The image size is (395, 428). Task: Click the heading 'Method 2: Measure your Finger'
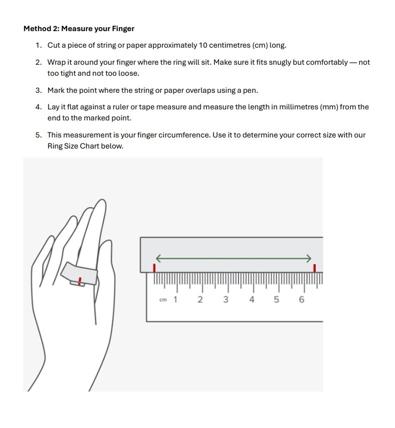pos(79,29)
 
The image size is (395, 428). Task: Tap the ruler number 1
pos(175,300)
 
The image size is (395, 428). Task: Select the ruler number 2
pos(200,300)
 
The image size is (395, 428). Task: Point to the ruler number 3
pos(226,300)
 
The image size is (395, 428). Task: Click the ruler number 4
pos(252,300)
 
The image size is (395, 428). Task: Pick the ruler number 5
pos(276,300)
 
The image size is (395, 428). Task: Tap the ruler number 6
pos(301,300)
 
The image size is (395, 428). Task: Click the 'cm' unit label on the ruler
pos(163,300)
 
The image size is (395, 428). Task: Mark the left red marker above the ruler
pos(154,268)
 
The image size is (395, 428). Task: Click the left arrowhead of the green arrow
pos(157,258)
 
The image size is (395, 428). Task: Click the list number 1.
pos(39,46)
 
